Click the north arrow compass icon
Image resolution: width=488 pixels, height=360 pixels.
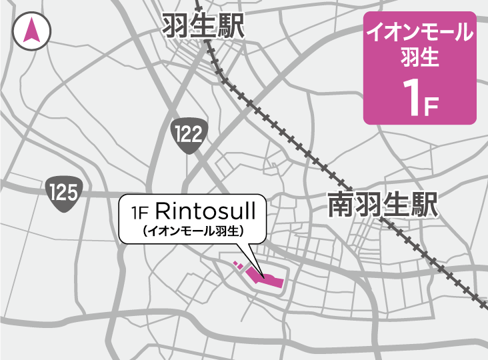click(x=31, y=31)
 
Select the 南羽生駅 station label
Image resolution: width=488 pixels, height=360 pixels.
click(x=383, y=205)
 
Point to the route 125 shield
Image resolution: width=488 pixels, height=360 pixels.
click(x=65, y=193)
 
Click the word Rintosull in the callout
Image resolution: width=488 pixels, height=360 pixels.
click(x=205, y=211)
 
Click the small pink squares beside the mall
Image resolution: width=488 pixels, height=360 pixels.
click(x=238, y=266)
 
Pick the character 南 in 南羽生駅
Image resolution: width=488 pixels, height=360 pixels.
click(x=341, y=205)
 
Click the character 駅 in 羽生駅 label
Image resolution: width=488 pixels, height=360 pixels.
click(x=231, y=27)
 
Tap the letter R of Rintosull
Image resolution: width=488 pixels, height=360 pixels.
click(x=163, y=211)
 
